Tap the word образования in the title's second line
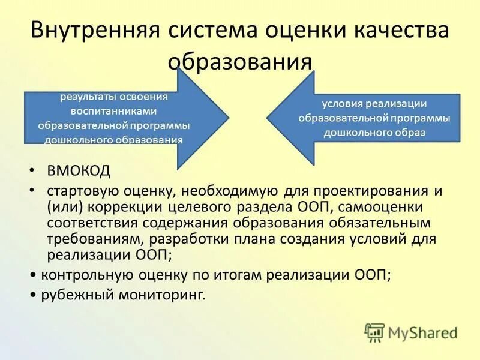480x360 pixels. [240, 61]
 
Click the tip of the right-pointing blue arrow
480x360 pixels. [227, 118]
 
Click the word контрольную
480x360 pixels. [80, 275]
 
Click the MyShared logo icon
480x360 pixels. [374, 332]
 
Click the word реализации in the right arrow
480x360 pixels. [399, 103]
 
